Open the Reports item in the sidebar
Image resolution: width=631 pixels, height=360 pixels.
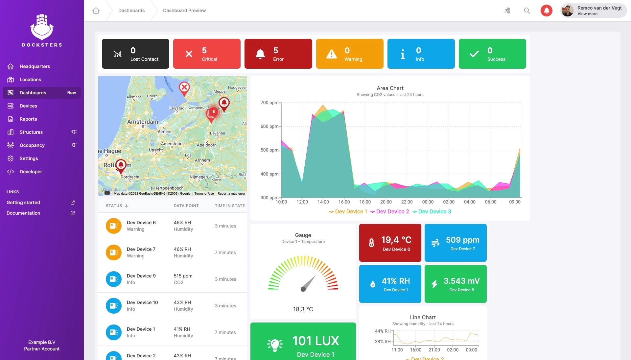[x=28, y=119]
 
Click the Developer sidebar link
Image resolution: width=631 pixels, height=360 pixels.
[x=31, y=172]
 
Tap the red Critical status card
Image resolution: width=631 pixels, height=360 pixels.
[x=207, y=54]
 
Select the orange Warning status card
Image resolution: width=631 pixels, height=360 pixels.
[x=350, y=54]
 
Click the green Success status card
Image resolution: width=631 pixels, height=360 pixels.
[x=492, y=54]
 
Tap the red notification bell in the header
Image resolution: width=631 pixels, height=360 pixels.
[x=546, y=11]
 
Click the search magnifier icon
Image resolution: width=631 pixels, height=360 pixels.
[x=527, y=11]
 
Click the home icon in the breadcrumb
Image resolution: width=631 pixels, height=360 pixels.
[x=96, y=11]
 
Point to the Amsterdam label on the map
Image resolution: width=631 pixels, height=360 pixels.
[x=143, y=122]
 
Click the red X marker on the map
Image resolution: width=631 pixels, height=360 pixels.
[x=184, y=88]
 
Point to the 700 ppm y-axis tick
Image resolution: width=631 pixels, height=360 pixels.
[x=269, y=103]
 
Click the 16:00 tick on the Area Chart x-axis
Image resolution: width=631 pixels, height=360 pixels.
[x=344, y=202]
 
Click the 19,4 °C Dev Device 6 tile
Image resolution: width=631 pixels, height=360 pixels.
[x=390, y=243]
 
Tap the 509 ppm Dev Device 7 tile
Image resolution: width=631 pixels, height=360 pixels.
[x=456, y=243]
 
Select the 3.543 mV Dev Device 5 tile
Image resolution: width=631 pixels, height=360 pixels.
[x=456, y=284]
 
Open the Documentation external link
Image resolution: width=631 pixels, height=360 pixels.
[x=23, y=213]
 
